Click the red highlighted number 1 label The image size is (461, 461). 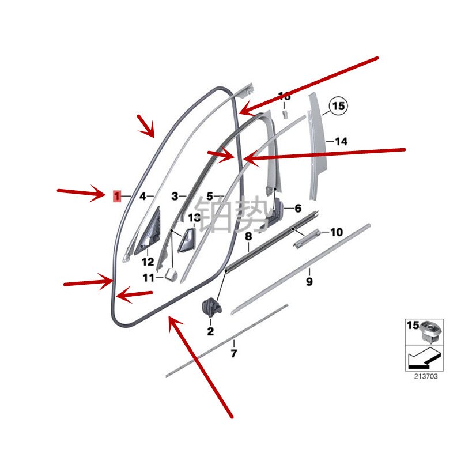117,197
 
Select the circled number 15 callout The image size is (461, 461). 338,107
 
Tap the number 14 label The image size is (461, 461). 341,141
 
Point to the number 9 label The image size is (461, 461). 309,282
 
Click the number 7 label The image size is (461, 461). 233,353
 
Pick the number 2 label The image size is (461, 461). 210,331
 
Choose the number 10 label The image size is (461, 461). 336,232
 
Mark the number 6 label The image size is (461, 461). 297,209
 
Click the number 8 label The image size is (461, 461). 248,236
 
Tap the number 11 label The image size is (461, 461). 149,278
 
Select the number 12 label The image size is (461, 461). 148,261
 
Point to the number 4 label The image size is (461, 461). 142,197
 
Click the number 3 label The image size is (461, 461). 175,197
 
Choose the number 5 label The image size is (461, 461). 210,197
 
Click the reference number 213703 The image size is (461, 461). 425,376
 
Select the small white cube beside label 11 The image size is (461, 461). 169,273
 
